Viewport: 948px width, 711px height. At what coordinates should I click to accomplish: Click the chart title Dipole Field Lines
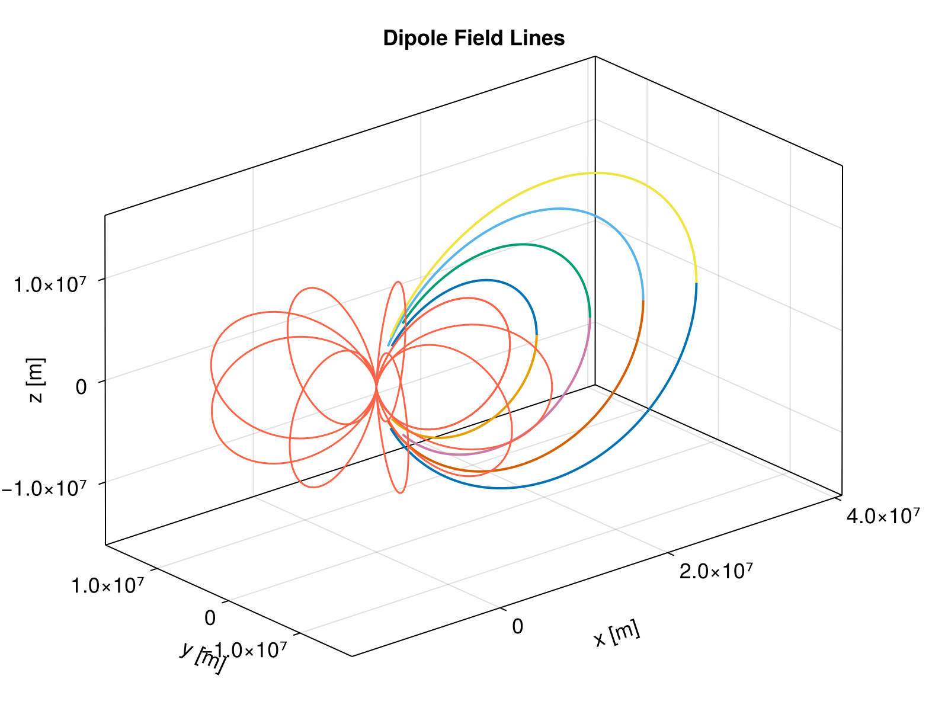474,39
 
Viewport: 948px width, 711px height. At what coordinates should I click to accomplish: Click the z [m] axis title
37,380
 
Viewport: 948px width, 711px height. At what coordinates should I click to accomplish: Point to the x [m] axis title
617,635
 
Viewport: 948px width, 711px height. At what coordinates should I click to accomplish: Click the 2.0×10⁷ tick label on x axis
716,572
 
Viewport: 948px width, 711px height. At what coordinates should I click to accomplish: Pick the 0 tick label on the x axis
517,626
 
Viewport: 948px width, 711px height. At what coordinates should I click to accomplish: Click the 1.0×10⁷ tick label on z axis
51,285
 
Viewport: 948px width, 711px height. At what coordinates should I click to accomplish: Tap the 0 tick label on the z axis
82,387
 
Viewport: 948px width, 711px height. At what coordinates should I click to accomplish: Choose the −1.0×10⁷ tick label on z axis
44,489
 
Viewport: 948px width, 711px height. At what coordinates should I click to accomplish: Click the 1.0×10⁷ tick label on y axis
107,585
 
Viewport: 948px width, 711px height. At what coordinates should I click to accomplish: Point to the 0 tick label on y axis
210,618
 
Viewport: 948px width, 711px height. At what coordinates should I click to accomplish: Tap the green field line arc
521,244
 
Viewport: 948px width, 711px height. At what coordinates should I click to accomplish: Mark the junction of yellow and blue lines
696,283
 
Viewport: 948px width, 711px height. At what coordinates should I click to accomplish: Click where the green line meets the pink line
590,318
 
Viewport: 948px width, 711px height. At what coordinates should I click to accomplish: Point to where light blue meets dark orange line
643,301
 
